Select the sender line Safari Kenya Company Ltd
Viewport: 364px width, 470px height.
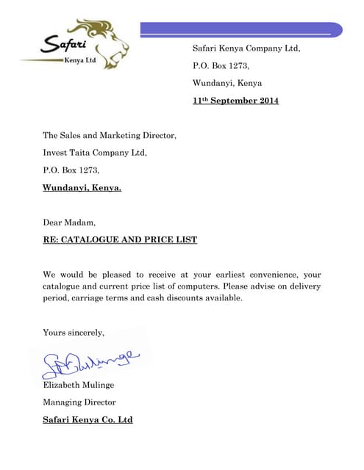tap(246, 48)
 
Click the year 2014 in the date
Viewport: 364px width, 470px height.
tap(266, 101)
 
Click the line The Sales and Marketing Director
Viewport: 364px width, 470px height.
tap(110, 135)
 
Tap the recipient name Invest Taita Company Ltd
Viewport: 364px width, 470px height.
tap(95, 153)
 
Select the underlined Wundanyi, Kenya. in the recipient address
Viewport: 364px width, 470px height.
tap(82, 187)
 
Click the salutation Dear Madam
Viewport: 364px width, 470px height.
tap(69, 222)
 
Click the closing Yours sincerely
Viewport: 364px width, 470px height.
tap(74, 332)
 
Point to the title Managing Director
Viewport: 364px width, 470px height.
tap(79, 402)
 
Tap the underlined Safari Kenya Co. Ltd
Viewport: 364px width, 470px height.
tap(88, 420)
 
